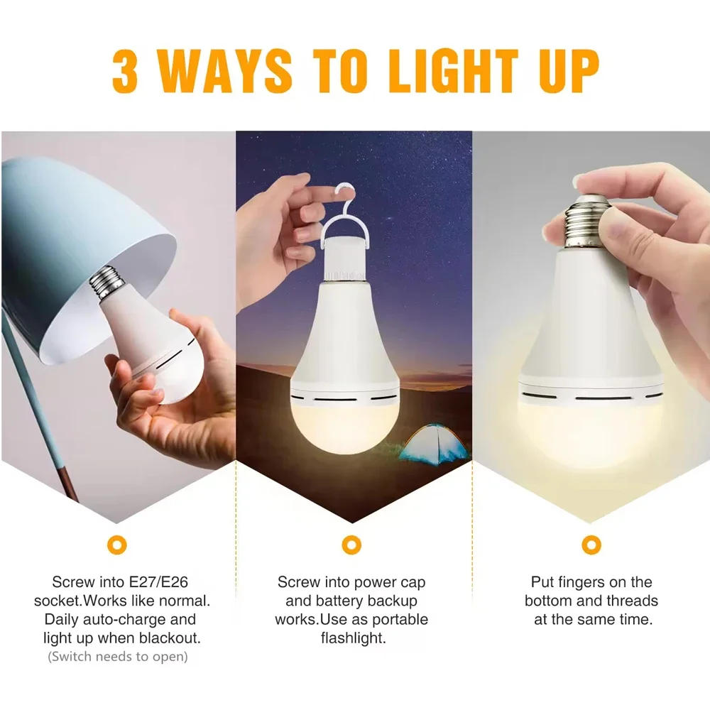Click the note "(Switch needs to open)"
tap(118, 656)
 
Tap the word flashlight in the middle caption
tap(353, 638)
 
